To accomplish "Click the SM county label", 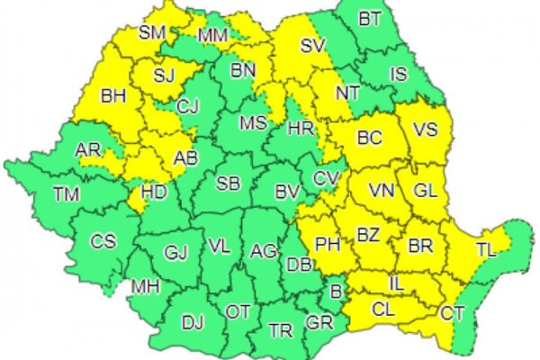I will point(152,33).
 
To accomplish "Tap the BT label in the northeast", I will point(370,18).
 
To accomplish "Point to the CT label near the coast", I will point(453,312).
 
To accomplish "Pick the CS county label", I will point(104,241).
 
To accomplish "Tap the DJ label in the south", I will point(193,319).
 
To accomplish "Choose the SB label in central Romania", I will point(229,184).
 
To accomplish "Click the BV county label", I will point(287,191).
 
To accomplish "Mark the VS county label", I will point(425,130).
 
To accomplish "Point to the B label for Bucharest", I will point(337,290).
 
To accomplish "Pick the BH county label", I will point(113,94).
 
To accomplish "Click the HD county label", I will point(156,191).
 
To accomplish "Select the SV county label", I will point(311,46).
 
